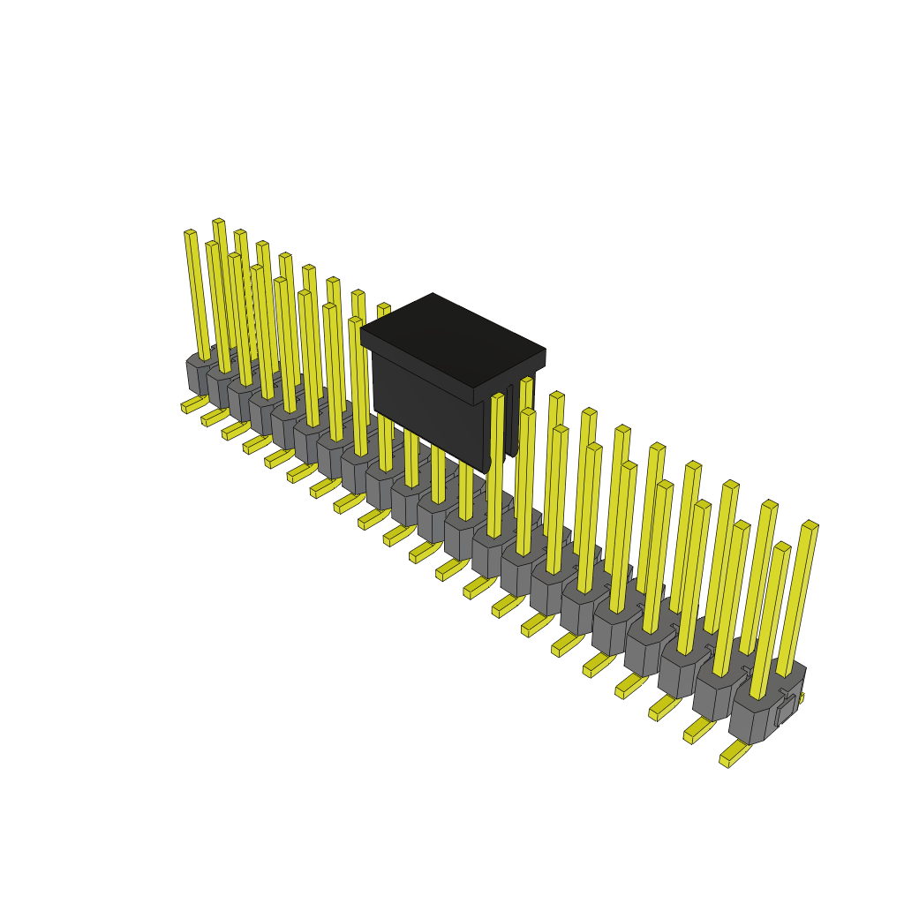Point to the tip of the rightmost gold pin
click(810, 525)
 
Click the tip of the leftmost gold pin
click(190, 233)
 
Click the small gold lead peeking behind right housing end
click(801, 697)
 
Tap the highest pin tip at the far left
click(218, 221)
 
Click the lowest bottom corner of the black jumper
click(488, 470)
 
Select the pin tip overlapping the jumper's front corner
click(498, 396)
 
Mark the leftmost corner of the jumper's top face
click(361, 330)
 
